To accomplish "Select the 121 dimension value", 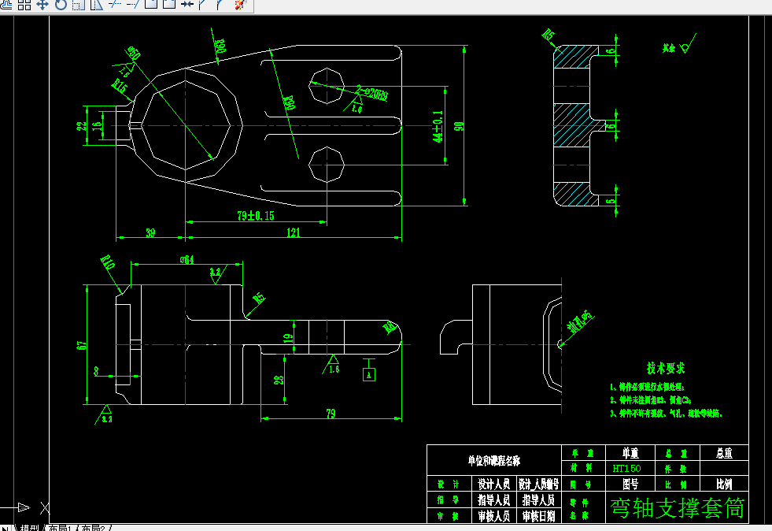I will tap(293, 232).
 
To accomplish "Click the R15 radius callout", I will tap(120, 86).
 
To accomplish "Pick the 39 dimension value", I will tap(150, 232).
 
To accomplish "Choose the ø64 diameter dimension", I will tap(187, 260).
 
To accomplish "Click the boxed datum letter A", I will tap(368, 375).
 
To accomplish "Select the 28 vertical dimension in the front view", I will tap(278, 381).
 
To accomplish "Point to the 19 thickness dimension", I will tap(287, 339).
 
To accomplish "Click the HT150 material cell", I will tap(626, 467).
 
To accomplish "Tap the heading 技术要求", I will tap(666, 368).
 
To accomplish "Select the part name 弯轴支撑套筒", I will tap(677, 508).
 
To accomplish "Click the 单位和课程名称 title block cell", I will tap(493, 460).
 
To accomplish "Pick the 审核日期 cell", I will tap(538, 516).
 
